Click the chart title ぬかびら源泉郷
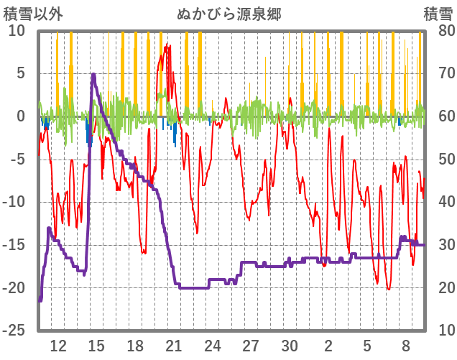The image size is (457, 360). click(x=228, y=14)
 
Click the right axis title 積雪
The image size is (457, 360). click(x=438, y=14)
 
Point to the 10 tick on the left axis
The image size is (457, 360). click(x=17, y=31)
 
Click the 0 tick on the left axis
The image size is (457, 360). click(x=21, y=116)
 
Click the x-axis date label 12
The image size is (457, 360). click(x=58, y=345)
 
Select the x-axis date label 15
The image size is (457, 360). click(x=96, y=345)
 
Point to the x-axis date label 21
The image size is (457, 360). click(x=174, y=345)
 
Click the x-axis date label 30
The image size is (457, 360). click(x=290, y=345)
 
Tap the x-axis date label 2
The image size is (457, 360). click(x=328, y=345)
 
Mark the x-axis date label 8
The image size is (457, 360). click(x=406, y=345)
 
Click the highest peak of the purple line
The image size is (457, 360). click(x=93, y=74)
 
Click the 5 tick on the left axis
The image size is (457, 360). click(x=21, y=73)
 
